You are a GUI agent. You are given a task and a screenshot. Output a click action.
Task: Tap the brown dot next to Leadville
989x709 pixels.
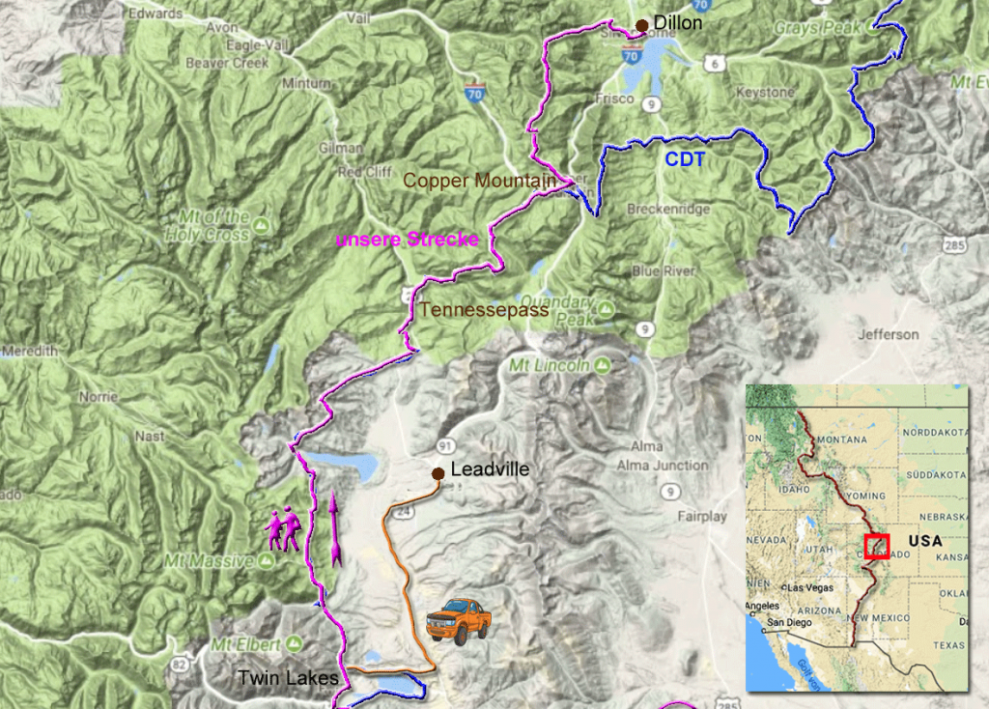[438, 472]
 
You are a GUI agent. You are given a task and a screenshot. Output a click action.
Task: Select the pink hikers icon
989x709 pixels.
[284, 528]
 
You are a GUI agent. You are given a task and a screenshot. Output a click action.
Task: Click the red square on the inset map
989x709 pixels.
[877, 546]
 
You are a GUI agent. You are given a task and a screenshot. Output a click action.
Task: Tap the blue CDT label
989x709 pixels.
[685, 160]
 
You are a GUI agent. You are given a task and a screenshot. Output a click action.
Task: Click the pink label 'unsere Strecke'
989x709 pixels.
[407, 240]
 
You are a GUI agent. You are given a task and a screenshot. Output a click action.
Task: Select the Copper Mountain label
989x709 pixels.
[479, 181]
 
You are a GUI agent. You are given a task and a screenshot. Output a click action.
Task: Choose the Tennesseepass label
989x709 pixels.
[484, 310]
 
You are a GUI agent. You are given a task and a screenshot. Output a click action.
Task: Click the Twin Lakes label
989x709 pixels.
[288, 678]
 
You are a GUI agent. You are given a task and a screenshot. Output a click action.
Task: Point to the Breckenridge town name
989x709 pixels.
[668, 209]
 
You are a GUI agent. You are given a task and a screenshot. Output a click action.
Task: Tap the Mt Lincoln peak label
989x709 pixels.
[549, 366]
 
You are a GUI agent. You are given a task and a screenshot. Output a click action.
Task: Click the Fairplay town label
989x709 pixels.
[701, 517]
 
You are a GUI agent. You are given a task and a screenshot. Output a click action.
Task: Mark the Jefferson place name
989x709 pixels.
[889, 334]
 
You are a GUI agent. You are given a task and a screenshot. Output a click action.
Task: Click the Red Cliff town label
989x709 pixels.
[363, 172]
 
